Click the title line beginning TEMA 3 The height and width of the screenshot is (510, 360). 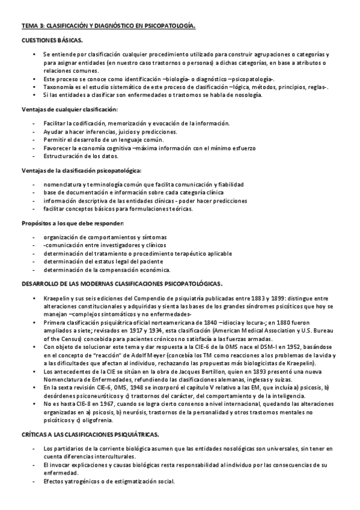(108, 26)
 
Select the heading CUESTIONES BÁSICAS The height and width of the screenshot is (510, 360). (48, 40)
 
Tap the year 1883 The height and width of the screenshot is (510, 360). (244, 298)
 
